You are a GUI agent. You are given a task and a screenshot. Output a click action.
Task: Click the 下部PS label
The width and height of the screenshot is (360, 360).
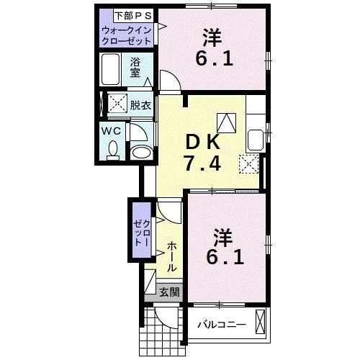[126, 14]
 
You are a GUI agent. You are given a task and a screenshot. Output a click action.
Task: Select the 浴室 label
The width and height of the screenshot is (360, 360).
[135, 67]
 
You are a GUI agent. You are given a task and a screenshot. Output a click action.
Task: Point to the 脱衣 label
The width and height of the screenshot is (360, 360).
[140, 105]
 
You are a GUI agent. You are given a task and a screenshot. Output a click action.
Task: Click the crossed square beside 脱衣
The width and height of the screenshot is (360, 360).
[117, 104]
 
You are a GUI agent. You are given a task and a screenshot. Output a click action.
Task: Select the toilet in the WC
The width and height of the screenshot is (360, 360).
[112, 148]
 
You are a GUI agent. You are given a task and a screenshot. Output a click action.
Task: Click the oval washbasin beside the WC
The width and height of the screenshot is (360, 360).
[141, 152]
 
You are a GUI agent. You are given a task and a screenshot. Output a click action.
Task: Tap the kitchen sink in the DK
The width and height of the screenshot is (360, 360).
[256, 138]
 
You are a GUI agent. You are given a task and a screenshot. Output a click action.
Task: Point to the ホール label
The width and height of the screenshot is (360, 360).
[173, 256]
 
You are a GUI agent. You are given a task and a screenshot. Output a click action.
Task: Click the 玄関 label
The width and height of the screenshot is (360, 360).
[169, 292]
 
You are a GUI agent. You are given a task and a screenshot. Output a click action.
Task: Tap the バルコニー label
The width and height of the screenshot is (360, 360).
[222, 325]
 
